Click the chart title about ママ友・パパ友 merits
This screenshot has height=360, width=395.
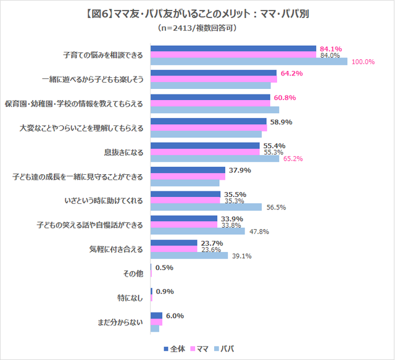197,14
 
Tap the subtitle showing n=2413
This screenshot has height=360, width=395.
197,28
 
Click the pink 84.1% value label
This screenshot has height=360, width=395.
331,48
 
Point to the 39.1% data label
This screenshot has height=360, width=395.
241,256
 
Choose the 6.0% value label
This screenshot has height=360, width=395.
175,316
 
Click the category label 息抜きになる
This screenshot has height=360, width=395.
123,152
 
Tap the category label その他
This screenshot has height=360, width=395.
134,272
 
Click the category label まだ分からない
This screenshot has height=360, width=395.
120,320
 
